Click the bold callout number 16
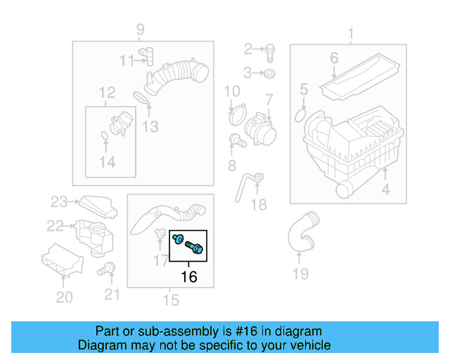point(189,276)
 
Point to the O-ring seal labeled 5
point(302,114)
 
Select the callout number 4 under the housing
point(385,190)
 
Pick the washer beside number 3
point(271,73)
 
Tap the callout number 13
point(150,127)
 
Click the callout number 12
point(106,92)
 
